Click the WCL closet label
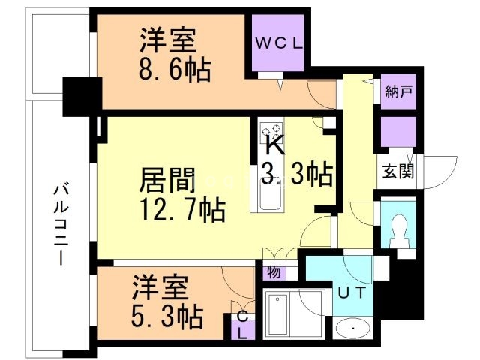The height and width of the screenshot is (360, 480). point(278,43)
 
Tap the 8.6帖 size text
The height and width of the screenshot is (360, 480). point(175,70)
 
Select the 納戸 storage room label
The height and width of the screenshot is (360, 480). point(398,91)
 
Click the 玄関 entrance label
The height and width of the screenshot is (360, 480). point(398,172)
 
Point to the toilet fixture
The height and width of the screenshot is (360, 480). point(399,230)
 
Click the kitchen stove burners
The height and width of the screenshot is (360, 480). point(271,132)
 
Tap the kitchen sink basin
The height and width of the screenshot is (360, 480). point(271,195)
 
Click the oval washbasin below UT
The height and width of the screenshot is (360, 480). point(352,328)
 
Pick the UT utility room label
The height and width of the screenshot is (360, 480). point(352,292)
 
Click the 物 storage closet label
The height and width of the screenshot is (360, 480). point(274,271)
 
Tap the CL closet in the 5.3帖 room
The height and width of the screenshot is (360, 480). point(243,325)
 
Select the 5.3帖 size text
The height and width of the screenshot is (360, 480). point(167,316)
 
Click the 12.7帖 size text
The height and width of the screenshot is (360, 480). point(183,210)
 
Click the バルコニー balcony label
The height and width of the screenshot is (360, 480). point(61,223)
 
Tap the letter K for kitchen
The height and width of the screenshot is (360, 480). point(275,146)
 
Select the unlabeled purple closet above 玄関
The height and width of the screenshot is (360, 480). point(398,132)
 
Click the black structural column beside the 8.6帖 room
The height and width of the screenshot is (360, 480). point(82,97)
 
